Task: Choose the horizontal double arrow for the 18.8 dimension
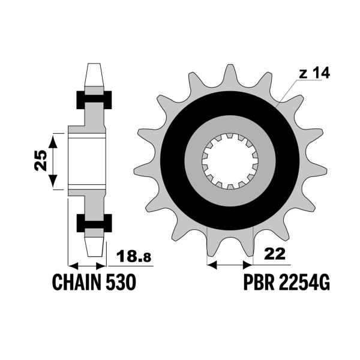pyautogui.click(x=88, y=265)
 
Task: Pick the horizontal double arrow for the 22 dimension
pyautogui.click(x=229, y=263)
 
